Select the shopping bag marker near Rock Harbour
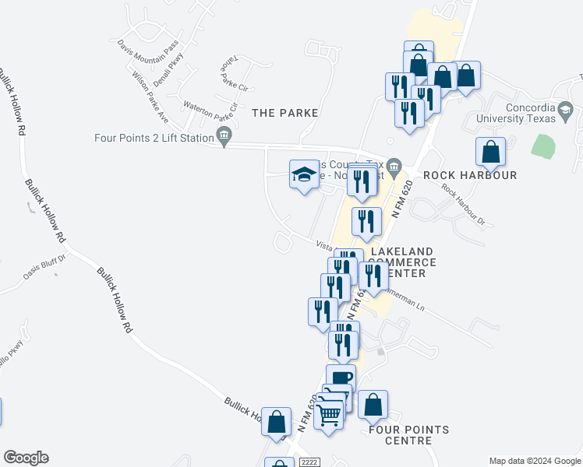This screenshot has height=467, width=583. [490, 152]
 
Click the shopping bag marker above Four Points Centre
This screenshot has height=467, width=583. [373, 405]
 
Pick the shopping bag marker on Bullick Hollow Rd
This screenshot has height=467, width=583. [276, 422]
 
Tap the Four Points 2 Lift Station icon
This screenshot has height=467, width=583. [224, 137]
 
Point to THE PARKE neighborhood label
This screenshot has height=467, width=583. [285, 113]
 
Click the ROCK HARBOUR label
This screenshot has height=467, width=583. [470, 175]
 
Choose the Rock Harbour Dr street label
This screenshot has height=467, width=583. [463, 205]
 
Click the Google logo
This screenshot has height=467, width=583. [26, 458]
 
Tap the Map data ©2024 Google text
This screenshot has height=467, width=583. [534, 461]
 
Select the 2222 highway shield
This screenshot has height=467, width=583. [308, 462]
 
